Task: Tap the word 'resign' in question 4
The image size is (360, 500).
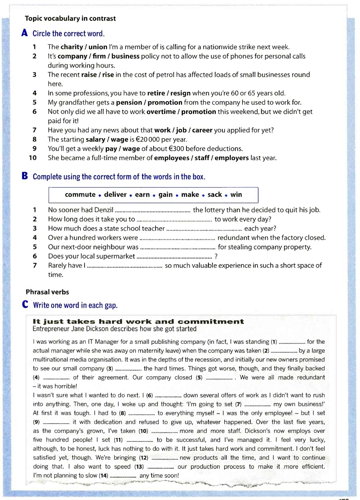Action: (x=181, y=93)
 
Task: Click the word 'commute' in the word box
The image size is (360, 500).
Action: (x=80, y=195)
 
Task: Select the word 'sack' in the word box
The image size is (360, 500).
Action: (x=215, y=195)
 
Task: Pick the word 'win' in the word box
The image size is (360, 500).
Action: (x=236, y=195)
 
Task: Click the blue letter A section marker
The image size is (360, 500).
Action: (x=25, y=33)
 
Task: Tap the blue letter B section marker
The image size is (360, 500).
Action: (x=25, y=176)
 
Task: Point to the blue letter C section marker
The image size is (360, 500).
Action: (x=25, y=304)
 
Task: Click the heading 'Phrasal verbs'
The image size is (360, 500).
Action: (x=47, y=292)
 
